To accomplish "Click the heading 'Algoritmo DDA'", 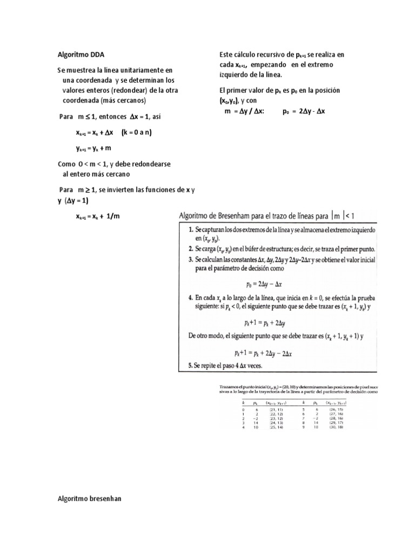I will point(81,55).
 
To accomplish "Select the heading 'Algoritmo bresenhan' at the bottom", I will point(89,498).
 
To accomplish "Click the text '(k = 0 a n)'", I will point(136,132).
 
